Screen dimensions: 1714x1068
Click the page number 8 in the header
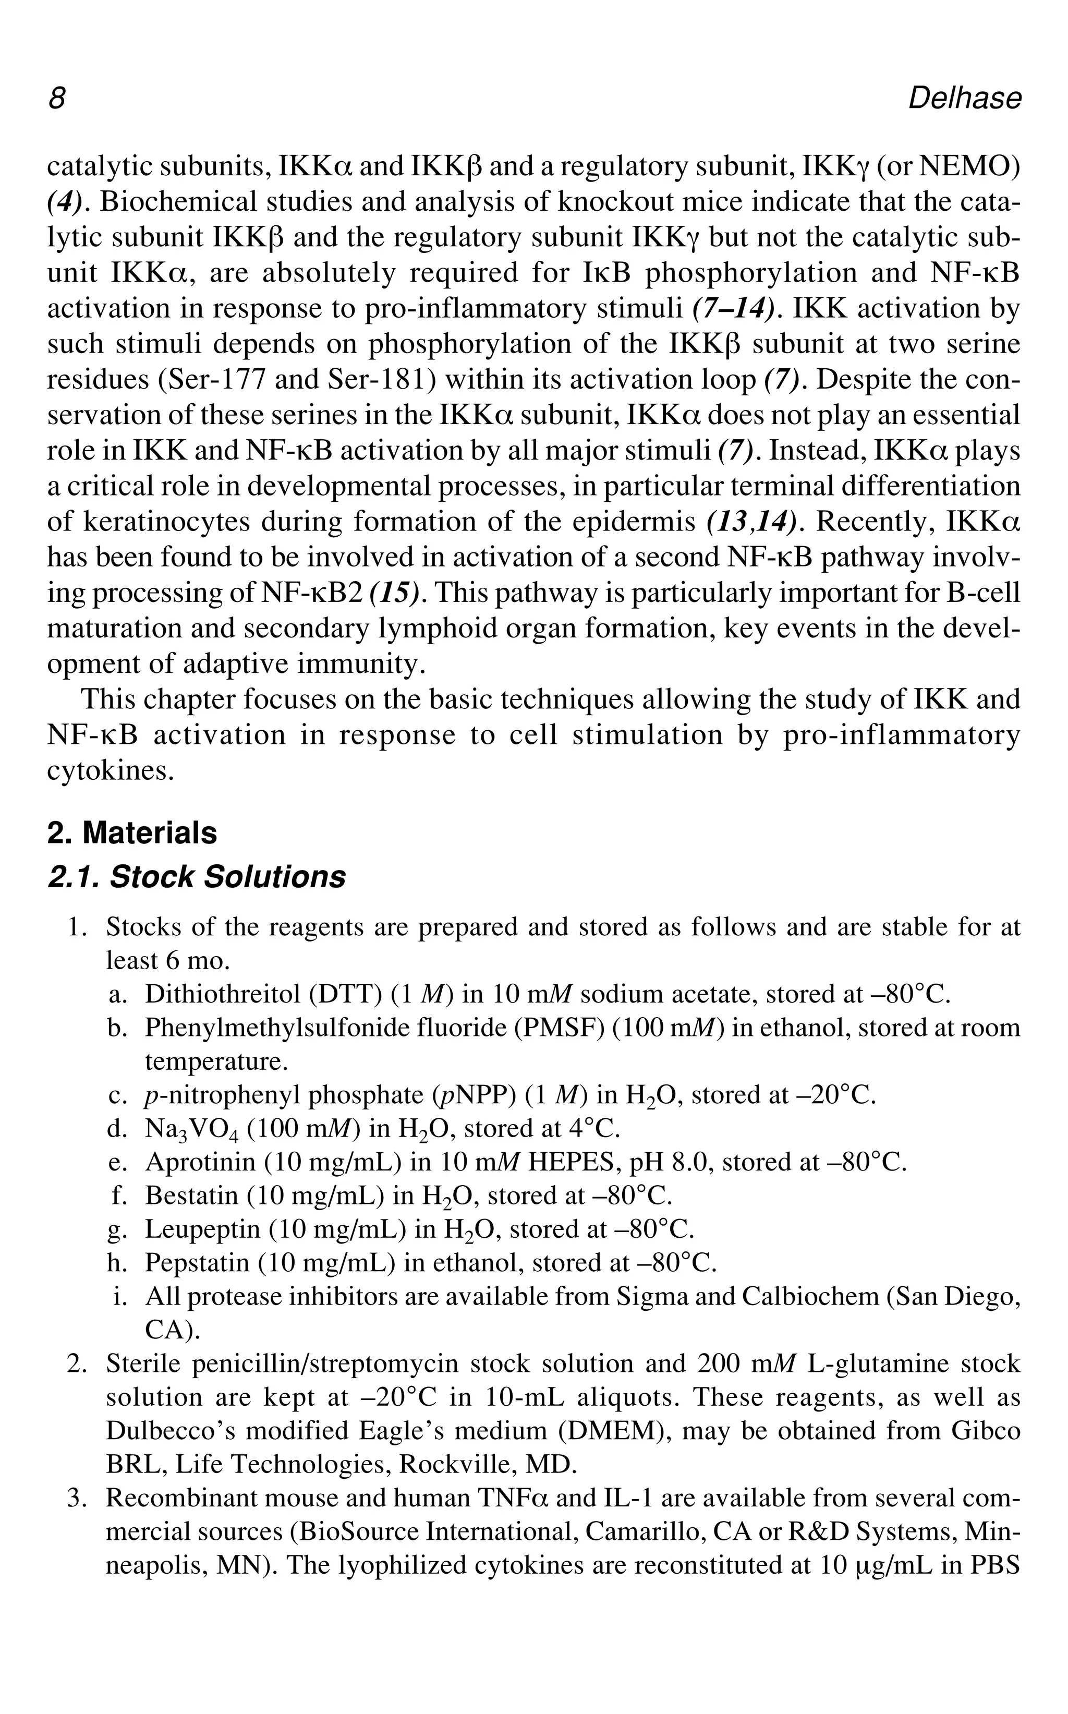56,98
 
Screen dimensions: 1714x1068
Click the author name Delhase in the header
964,98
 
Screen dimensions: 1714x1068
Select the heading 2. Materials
132,832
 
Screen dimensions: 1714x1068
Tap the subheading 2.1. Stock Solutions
197,877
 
